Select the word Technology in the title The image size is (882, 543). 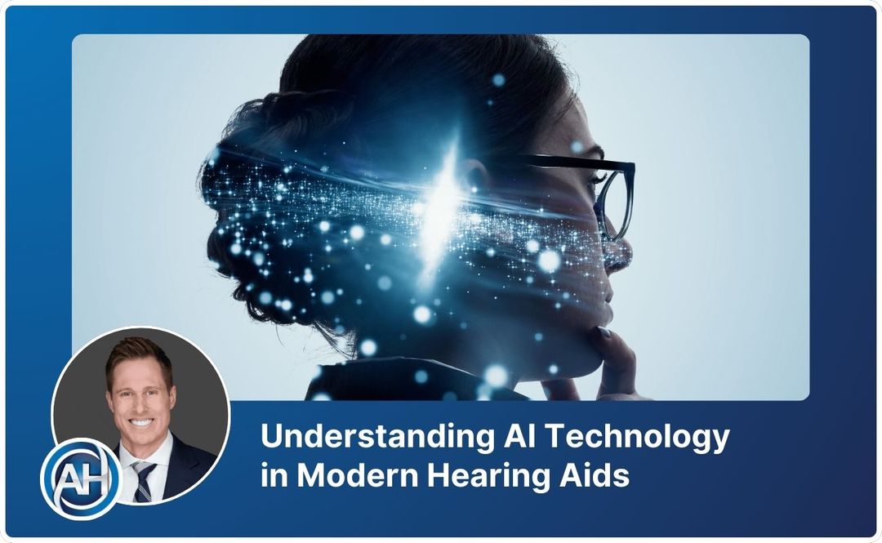(637, 438)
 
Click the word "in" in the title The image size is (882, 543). (271, 476)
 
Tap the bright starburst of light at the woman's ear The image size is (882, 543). (446, 196)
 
